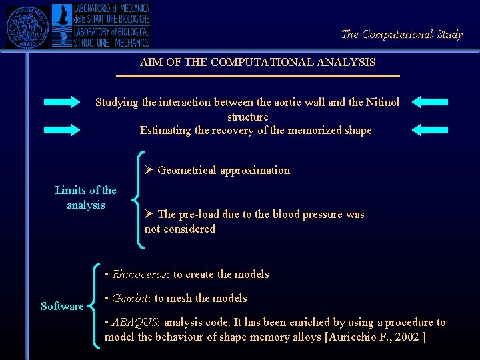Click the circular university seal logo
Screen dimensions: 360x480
[x=27, y=27]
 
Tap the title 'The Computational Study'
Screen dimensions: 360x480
[x=401, y=34]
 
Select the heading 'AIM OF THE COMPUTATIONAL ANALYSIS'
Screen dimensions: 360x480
[x=257, y=63]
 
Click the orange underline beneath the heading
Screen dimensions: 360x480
[x=257, y=77]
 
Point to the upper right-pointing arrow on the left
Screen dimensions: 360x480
[x=61, y=102]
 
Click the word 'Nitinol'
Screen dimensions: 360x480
[x=383, y=102]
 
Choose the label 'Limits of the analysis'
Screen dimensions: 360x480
[x=85, y=198]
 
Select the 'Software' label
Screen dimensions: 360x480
[x=62, y=307]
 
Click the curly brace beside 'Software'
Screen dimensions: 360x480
[x=93, y=306]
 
